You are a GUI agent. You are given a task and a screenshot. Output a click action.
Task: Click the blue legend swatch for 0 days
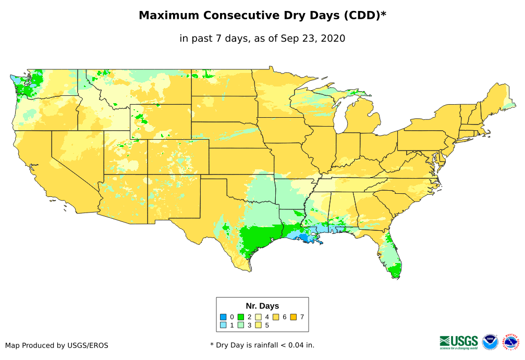coord(223,317)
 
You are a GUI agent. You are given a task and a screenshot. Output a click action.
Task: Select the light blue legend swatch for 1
coord(223,325)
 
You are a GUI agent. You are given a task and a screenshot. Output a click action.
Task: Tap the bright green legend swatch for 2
coord(241,317)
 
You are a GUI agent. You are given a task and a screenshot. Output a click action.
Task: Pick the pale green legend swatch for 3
coord(241,325)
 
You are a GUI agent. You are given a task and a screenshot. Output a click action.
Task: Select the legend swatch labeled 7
coord(294,317)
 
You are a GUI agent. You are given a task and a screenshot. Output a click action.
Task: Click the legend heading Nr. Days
coord(262,306)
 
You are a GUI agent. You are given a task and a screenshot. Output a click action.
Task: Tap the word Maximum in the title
coord(169,16)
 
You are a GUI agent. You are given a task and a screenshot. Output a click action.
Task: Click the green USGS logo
coord(459,341)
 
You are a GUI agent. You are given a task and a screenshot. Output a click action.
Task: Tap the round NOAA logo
coord(490,342)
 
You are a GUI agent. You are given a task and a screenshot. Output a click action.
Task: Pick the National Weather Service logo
coord(511,342)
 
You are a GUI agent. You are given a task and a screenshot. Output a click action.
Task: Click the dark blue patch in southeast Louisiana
coord(311,239)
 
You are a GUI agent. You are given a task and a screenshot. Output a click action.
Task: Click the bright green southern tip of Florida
coord(396,270)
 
